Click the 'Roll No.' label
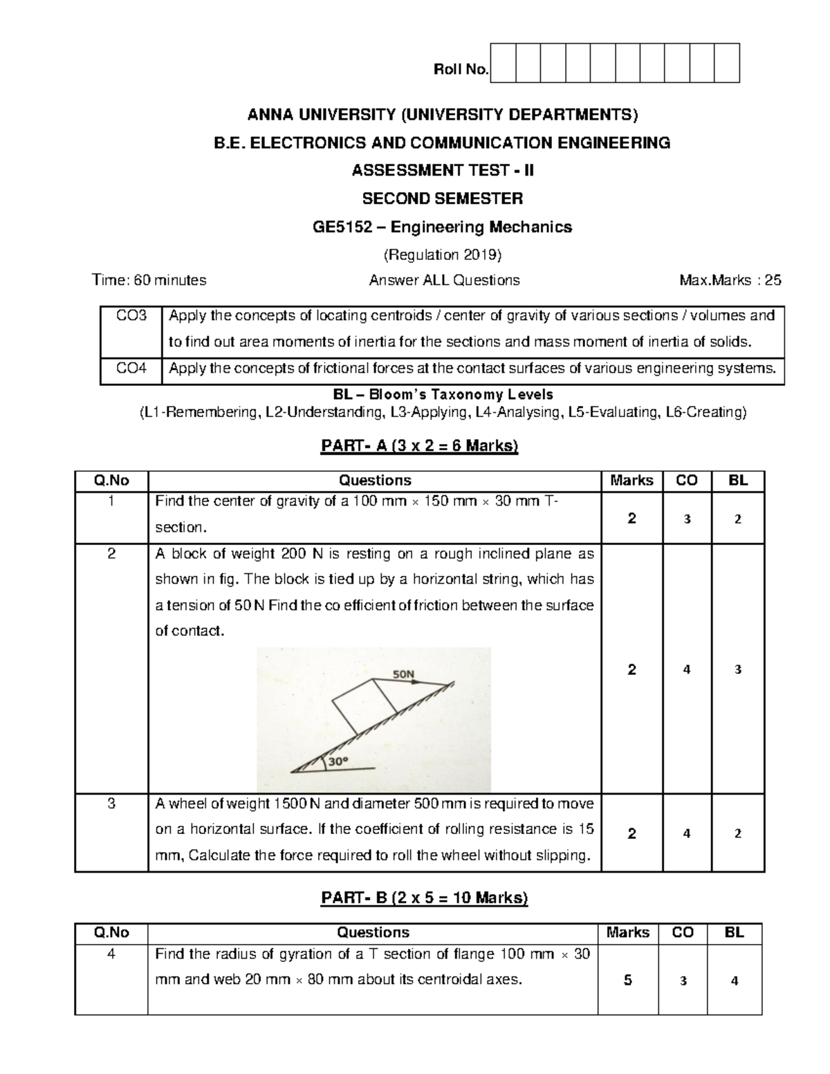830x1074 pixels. pyautogui.click(x=461, y=69)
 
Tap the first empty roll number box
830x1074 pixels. pyautogui.click(x=503, y=63)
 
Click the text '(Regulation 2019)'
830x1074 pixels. pyautogui.click(x=442, y=254)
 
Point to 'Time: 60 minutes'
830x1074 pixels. pyautogui.click(x=149, y=280)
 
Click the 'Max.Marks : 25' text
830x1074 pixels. pyautogui.click(x=731, y=280)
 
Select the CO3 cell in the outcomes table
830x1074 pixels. pyautogui.click(x=131, y=316)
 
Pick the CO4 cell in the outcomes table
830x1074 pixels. pyautogui.click(x=131, y=369)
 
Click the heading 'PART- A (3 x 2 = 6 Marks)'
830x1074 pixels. pyautogui.click(x=419, y=446)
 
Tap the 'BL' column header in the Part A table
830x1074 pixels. pyautogui.click(x=738, y=481)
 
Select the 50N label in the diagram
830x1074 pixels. pyautogui.click(x=404, y=673)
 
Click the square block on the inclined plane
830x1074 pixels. pyautogui.click(x=365, y=707)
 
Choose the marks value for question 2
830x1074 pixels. pyautogui.click(x=631, y=669)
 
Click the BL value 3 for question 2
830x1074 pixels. pyautogui.click(x=738, y=669)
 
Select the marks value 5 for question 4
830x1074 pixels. pyautogui.click(x=627, y=980)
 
